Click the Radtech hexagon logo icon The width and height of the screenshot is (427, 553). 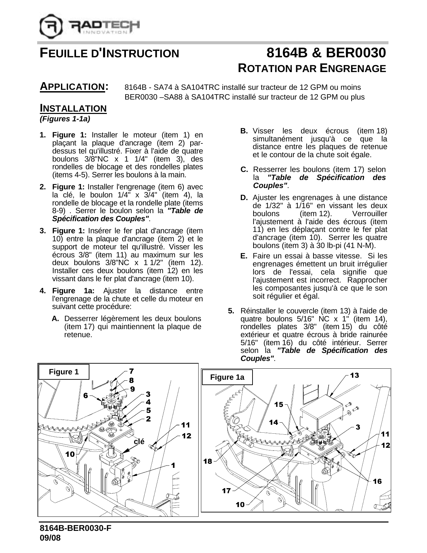point(51,26)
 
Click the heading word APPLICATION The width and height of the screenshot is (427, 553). point(72,87)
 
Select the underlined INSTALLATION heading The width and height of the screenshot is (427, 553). point(73,108)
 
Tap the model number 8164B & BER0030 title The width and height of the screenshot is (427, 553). point(326,53)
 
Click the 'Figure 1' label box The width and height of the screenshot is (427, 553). point(64,372)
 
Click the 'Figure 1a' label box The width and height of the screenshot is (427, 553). point(227,377)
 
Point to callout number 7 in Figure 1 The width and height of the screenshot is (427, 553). point(131,371)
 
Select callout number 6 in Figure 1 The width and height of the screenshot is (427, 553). point(86,395)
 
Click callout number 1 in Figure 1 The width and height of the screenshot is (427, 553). point(173,466)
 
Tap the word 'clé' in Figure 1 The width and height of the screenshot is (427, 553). point(139,441)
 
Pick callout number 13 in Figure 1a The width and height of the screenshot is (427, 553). point(355,375)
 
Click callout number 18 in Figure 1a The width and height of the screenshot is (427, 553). point(208,462)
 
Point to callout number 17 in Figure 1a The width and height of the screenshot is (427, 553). point(226,491)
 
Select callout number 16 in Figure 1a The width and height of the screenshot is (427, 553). point(377,481)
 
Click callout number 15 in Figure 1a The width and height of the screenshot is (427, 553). point(279,405)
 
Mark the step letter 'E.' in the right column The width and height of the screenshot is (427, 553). point(243,256)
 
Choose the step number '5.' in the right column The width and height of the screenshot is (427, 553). point(231,311)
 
